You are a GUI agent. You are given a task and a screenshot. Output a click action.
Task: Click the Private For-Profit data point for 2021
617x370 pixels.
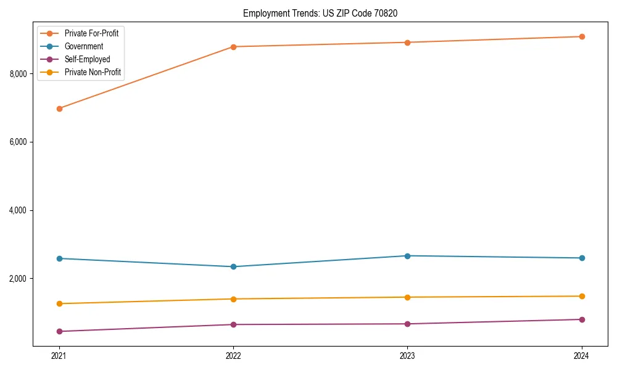click(x=59, y=109)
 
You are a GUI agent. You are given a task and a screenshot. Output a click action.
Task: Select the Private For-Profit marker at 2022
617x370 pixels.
click(x=233, y=47)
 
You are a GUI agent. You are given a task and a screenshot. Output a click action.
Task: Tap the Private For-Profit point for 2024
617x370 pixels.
click(x=582, y=36)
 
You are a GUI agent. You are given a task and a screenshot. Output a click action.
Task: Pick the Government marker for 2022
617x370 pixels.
click(x=233, y=266)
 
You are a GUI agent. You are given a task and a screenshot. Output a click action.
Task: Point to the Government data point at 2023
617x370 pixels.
click(x=407, y=256)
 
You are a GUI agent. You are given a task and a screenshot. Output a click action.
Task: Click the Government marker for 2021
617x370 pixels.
click(x=59, y=258)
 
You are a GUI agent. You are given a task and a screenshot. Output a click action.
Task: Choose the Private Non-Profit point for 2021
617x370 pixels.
click(x=59, y=303)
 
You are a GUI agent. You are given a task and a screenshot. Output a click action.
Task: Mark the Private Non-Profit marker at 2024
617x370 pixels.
click(x=582, y=296)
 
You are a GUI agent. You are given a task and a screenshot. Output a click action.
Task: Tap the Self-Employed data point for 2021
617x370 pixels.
click(x=59, y=331)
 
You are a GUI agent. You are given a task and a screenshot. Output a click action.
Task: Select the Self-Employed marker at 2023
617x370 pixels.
click(x=407, y=324)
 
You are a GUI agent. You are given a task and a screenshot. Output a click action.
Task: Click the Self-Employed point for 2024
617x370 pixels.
click(x=582, y=319)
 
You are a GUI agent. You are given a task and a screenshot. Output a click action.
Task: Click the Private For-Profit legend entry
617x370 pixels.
click(x=91, y=33)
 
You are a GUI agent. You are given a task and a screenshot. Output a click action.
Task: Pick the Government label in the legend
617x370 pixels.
click(x=84, y=46)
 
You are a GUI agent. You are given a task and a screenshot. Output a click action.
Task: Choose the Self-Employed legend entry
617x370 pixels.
click(x=87, y=59)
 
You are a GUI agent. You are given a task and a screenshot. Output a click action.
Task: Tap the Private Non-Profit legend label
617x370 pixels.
click(x=93, y=72)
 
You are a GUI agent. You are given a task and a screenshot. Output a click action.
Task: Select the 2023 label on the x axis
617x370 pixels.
click(x=407, y=356)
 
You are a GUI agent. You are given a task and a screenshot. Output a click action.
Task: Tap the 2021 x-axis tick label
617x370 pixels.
click(x=59, y=356)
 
